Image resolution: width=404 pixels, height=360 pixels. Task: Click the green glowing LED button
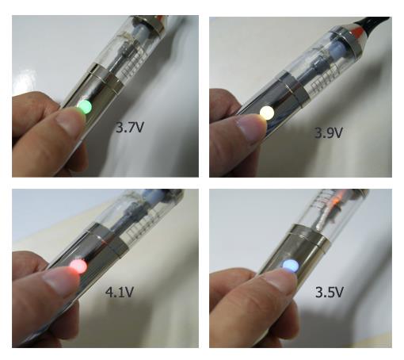[x=85, y=107]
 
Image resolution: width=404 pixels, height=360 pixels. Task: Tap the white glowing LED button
[x=267, y=113]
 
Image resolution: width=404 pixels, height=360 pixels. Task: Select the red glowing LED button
[x=78, y=266]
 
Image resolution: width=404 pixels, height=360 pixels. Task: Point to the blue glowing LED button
[x=291, y=266]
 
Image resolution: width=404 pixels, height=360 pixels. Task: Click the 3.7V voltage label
[x=130, y=128]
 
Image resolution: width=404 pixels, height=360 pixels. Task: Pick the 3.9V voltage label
[x=328, y=132]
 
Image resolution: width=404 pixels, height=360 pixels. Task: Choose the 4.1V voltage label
[x=120, y=292]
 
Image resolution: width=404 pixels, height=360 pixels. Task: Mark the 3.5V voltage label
[x=330, y=292]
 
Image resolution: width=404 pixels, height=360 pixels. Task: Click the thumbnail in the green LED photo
[x=69, y=121]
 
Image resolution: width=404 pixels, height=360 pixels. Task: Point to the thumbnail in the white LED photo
[x=251, y=126]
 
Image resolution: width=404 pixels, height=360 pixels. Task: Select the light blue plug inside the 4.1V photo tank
[x=148, y=196]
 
